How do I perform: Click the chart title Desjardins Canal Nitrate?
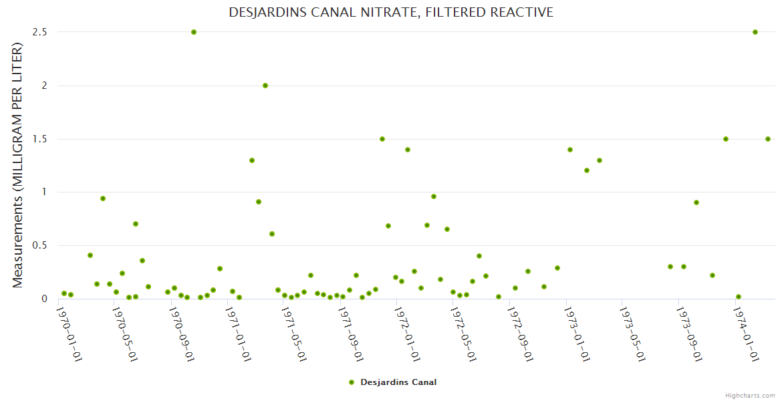(391, 12)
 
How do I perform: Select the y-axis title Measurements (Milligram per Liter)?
(18, 165)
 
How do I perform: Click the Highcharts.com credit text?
(750, 396)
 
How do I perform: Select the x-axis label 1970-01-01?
(69, 334)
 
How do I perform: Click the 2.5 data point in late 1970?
(194, 32)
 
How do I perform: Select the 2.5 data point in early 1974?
(755, 32)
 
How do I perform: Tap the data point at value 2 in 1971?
(265, 86)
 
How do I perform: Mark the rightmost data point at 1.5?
(768, 139)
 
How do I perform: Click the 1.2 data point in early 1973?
(587, 170)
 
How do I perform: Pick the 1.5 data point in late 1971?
(382, 139)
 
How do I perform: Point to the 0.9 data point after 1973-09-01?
(696, 203)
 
